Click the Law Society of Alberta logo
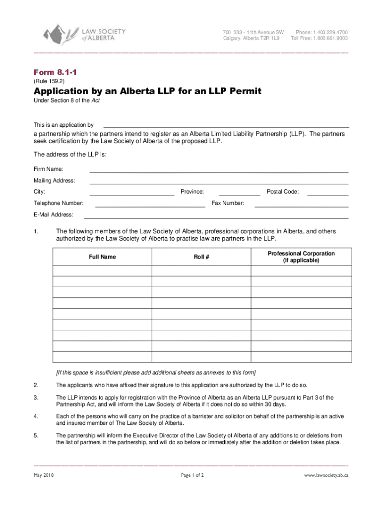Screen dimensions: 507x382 click(x=85, y=34)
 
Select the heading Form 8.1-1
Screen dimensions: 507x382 click(x=55, y=72)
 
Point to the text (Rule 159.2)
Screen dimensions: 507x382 click(x=49, y=81)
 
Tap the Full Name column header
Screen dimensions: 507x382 click(x=103, y=257)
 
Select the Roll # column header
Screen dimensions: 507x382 click(x=201, y=257)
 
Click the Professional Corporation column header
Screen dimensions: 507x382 click(x=301, y=257)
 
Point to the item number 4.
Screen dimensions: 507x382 click(x=36, y=416)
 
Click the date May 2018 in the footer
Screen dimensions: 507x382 click(x=44, y=475)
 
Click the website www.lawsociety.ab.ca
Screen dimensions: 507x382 click(x=326, y=475)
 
